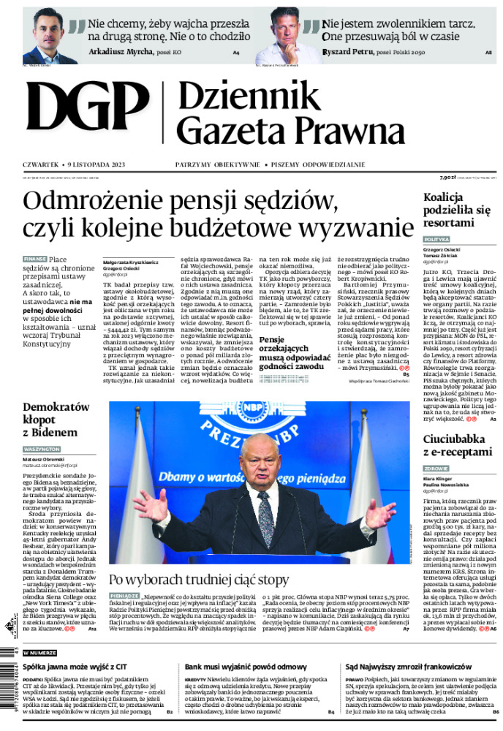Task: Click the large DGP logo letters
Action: click(88, 114)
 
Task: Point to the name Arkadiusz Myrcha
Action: click(120, 52)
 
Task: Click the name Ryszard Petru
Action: click(346, 52)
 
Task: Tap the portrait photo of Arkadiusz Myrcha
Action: click(50, 37)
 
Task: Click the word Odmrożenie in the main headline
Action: click(102, 202)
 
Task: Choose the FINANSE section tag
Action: click(35, 259)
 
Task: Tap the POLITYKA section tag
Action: click(436, 239)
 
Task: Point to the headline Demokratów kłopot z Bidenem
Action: click(56, 419)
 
